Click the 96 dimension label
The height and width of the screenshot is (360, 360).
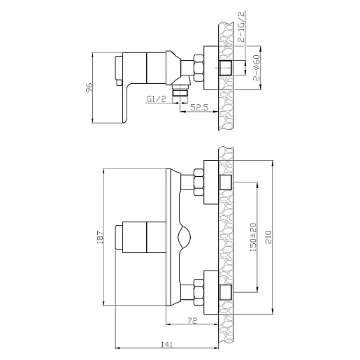pyautogui.click(x=89, y=87)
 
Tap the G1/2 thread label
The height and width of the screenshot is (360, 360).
pyautogui.click(x=157, y=99)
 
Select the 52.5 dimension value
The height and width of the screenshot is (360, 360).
pyautogui.click(x=199, y=107)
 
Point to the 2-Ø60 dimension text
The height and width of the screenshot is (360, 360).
pyautogui.click(x=257, y=68)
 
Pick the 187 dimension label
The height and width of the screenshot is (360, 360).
pyautogui.click(x=100, y=238)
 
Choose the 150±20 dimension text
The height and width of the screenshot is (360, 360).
pyautogui.click(x=253, y=237)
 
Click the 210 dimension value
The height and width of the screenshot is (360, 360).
pyautogui.click(x=268, y=237)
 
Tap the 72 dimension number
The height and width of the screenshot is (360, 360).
pyautogui.click(x=192, y=321)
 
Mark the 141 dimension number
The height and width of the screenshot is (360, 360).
pyautogui.click(x=167, y=345)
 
